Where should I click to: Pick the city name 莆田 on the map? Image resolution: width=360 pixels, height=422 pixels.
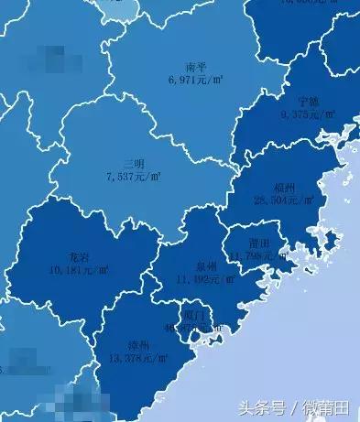coord(258,243)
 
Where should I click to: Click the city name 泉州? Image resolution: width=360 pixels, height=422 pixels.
coord(207,265)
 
